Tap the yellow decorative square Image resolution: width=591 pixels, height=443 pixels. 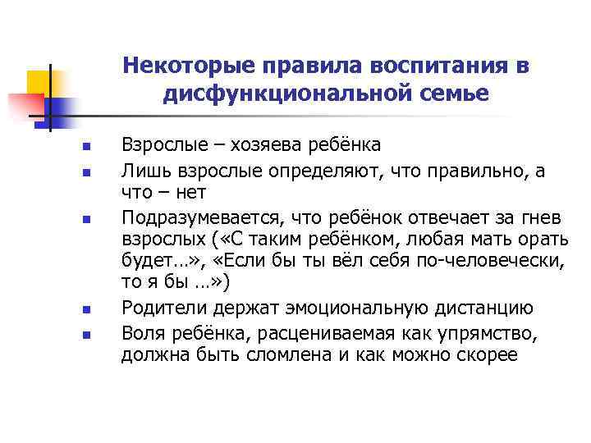39,82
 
